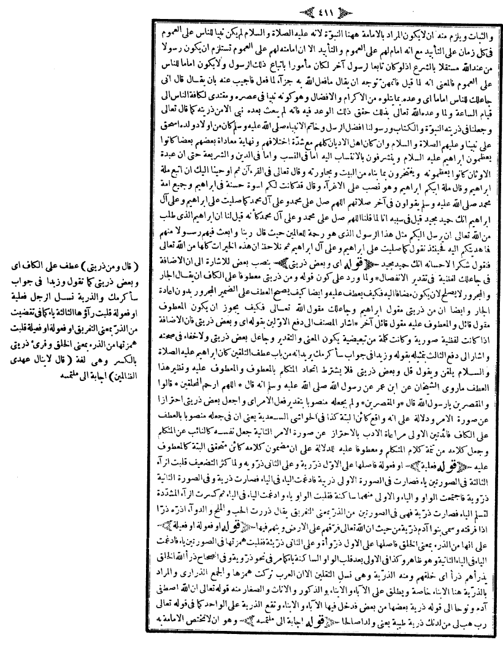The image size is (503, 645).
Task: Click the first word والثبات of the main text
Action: click(x=482, y=28)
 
